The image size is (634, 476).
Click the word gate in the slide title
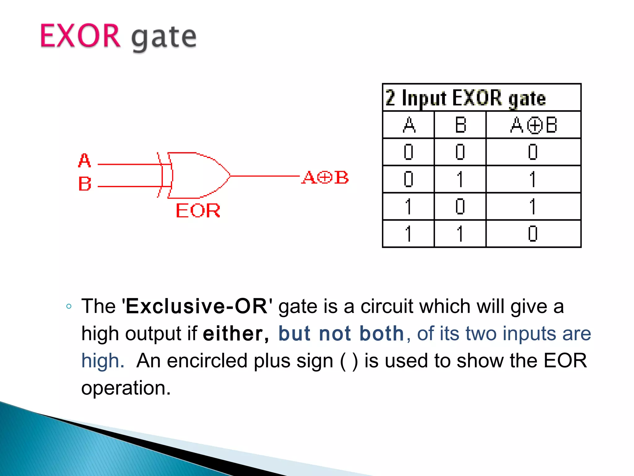[x=164, y=38]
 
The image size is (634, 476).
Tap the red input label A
[x=84, y=161]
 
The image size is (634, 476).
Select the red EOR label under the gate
[x=198, y=211]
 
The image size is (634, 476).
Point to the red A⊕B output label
[x=325, y=178]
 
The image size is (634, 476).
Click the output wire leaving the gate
[x=265, y=176]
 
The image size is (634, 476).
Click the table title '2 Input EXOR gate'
[x=465, y=98]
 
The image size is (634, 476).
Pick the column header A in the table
[x=409, y=125]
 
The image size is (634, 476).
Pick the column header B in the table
[x=460, y=125]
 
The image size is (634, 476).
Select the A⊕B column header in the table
[x=533, y=125]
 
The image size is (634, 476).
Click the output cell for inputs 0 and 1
[x=533, y=179]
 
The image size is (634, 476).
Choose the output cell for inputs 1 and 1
[x=533, y=234]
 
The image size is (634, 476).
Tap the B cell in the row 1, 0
[x=460, y=206]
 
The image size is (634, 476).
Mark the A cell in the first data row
[x=409, y=152]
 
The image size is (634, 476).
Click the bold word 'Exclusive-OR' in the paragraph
[x=197, y=306]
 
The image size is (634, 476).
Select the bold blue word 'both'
[x=382, y=333]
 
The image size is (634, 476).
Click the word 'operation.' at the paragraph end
[x=126, y=388]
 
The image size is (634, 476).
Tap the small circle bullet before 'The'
[x=69, y=306]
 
